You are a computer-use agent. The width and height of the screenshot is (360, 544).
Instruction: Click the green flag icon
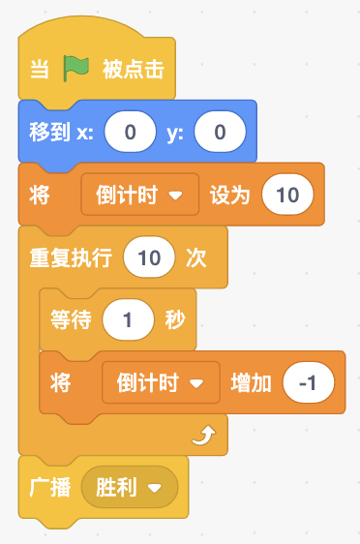[x=75, y=69]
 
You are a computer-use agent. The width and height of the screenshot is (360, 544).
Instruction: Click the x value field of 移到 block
[x=131, y=132]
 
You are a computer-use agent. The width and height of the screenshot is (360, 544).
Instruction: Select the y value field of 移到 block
[x=220, y=132]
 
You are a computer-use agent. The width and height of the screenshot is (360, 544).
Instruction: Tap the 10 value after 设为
[x=287, y=195]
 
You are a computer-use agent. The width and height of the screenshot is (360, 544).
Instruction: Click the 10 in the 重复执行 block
[x=149, y=257]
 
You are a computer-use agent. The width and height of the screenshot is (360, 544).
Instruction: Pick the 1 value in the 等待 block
[x=128, y=319]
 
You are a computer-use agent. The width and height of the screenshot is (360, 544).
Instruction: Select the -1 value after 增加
[x=309, y=382]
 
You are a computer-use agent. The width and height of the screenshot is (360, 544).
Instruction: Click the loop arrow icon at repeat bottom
[x=204, y=436]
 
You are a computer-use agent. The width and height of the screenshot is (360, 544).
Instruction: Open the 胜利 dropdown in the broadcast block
[x=130, y=487]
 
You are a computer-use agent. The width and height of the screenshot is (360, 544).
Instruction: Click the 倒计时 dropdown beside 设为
[x=140, y=195]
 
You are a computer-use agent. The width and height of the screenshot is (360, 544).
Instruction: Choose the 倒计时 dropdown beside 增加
[x=161, y=382]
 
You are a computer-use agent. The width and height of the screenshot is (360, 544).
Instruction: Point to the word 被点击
[x=134, y=69]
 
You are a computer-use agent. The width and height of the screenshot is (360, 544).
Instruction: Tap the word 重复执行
[x=71, y=257]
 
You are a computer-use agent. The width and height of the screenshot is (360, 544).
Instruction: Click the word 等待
[x=71, y=319]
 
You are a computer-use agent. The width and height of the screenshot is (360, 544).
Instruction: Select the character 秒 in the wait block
[x=175, y=319]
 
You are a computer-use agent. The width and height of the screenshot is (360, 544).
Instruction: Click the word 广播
[x=50, y=487]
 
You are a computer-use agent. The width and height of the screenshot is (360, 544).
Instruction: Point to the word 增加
[x=251, y=382]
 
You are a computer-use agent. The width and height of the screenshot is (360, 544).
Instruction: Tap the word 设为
[x=230, y=195]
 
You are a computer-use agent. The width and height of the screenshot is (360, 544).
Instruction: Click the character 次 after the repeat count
[x=196, y=257]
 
